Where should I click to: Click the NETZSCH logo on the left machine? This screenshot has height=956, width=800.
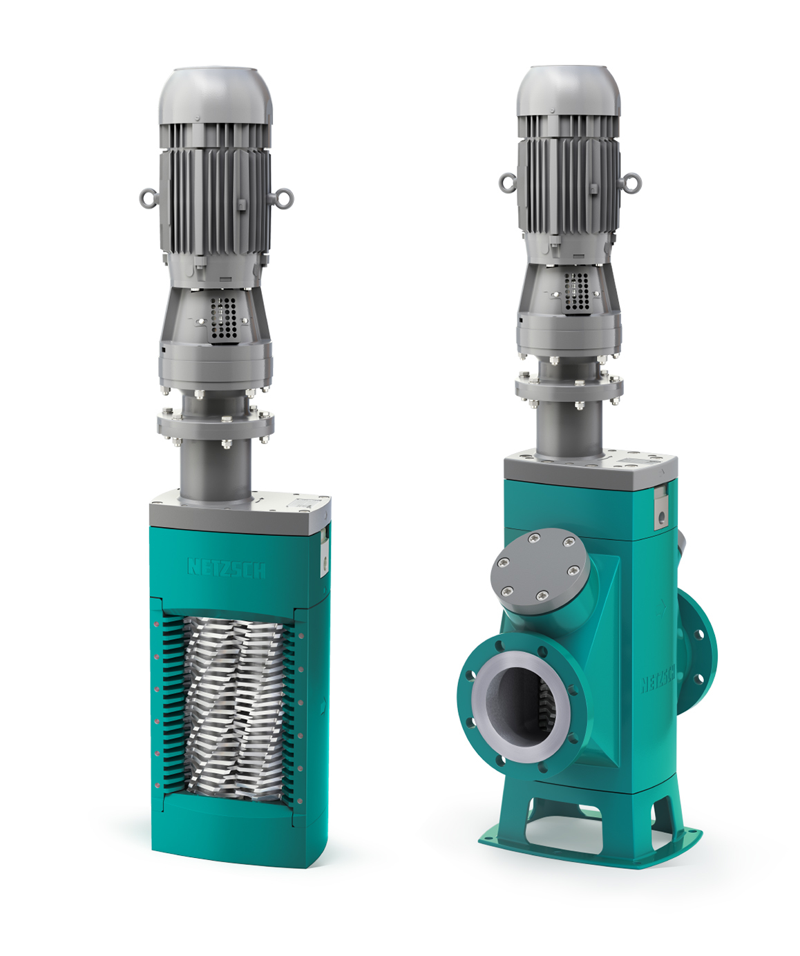pos(226,568)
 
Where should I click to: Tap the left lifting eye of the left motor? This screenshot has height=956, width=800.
pos(149,199)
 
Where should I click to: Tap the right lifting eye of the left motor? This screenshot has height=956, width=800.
pos(283,198)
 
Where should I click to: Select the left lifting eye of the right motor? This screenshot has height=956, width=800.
pos(508,182)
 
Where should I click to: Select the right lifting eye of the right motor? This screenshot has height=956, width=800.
pos(631,182)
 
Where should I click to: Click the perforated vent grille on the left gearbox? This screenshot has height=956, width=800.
pos(223,318)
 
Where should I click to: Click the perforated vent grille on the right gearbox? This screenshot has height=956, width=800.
pos(576,293)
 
